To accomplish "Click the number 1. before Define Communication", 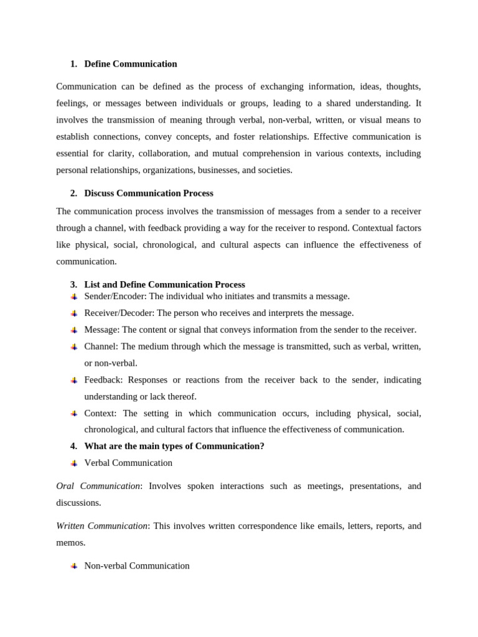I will click(x=73, y=64).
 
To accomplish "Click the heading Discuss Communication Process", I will click(x=149, y=193).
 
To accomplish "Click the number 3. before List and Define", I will click(x=73, y=284).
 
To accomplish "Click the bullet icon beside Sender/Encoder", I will click(x=74, y=297).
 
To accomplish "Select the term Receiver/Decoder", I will click(x=119, y=313).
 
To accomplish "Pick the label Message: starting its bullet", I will click(x=102, y=330).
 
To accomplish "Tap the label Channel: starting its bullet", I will click(x=101, y=346).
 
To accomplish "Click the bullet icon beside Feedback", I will click(x=74, y=380).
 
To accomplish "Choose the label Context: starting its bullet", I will click(x=100, y=413).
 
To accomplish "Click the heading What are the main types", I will click(x=174, y=446).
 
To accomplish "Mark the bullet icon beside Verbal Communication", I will click(x=74, y=463).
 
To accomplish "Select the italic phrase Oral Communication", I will click(x=98, y=486).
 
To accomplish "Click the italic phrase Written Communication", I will click(x=101, y=526).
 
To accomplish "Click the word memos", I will click(x=70, y=542).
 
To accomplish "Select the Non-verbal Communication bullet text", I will click(x=137, y=566).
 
